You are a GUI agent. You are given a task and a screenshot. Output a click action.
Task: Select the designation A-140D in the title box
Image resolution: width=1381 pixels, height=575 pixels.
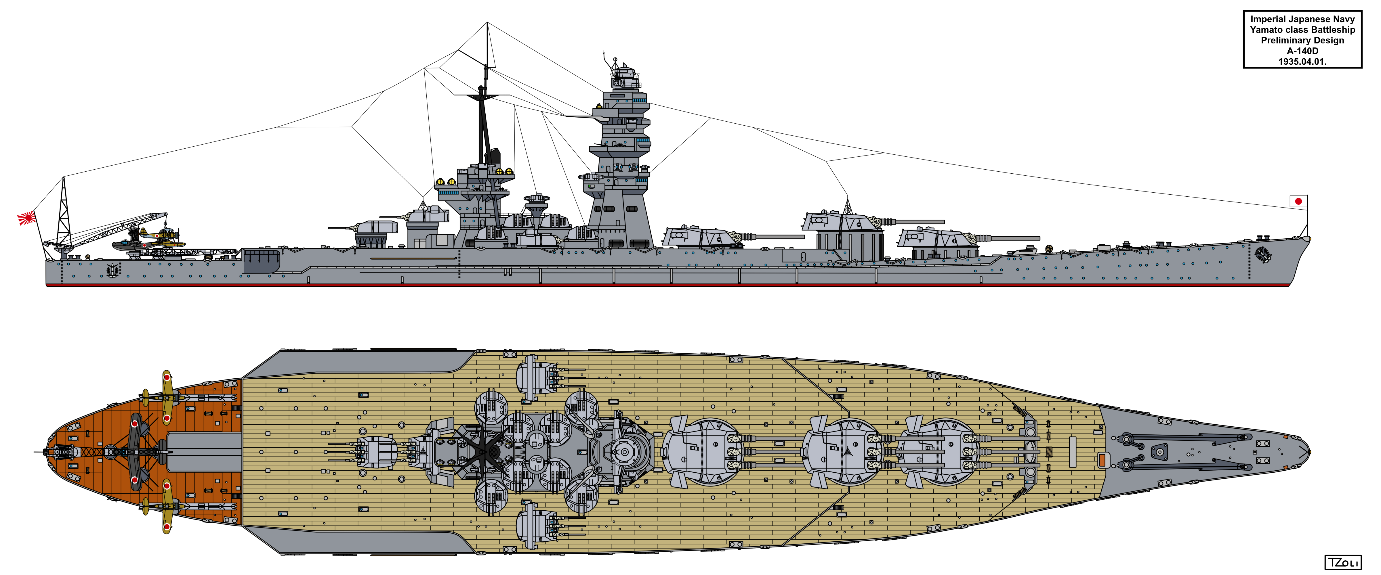[1302, 51]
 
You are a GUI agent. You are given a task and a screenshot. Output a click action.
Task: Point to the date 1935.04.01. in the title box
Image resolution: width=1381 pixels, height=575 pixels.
[1302, 62]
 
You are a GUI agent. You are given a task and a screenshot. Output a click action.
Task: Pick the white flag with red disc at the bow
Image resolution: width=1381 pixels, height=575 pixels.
[1298, 202]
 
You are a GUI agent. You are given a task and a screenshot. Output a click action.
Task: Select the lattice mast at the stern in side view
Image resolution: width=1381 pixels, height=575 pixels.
[64, 212]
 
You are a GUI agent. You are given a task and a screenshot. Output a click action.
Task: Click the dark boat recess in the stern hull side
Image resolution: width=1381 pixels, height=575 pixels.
[262, 261]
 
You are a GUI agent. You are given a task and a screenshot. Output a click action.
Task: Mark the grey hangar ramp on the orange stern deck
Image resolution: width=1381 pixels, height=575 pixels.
[204, 452]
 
